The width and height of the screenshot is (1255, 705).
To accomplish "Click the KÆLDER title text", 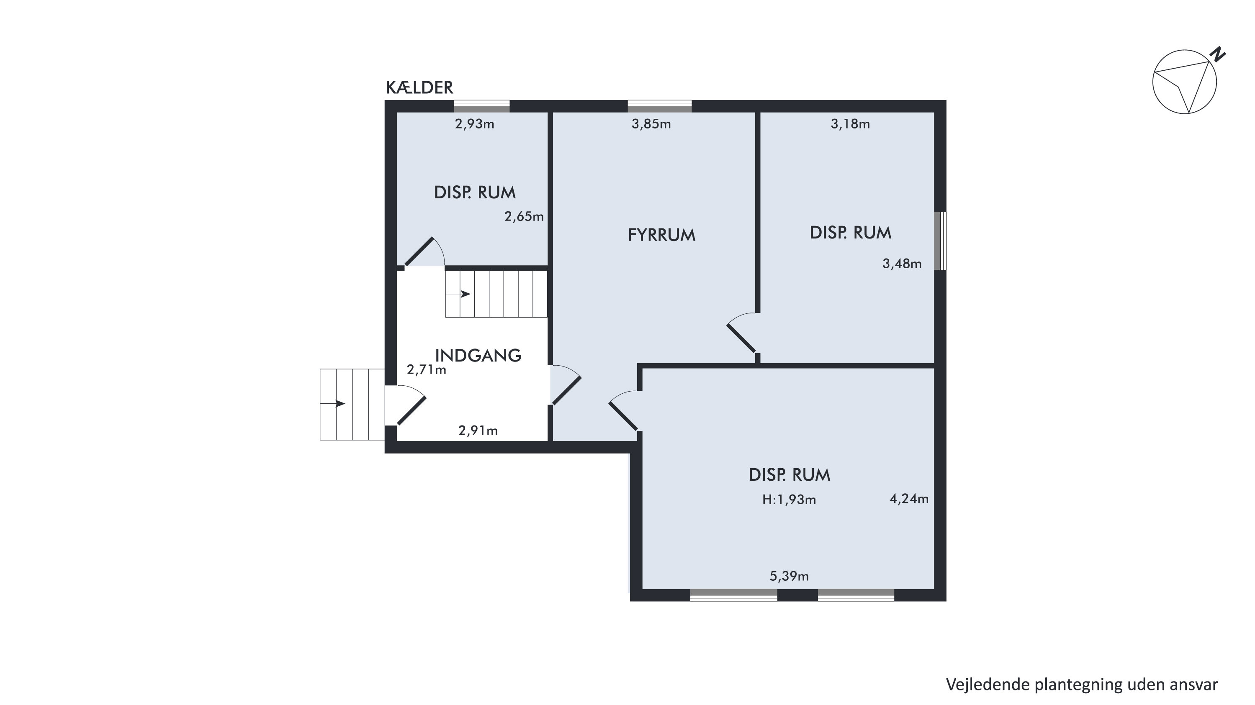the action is point(419,87).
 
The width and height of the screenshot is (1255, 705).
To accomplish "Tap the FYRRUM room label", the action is point(661,235).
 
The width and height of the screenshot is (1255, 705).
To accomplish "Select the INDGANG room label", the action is point(478,355).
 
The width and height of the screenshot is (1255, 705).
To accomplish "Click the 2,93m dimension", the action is point(475,124).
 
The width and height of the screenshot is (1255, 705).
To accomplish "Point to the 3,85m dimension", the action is point(651,124).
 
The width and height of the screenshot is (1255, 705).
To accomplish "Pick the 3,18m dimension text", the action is point(850,124).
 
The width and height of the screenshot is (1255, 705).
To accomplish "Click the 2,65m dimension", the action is point(524,217).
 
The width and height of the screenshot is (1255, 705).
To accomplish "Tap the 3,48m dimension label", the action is point(902,264).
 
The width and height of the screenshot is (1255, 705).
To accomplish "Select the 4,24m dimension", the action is point(909,499).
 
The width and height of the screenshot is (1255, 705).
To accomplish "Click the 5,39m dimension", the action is point(789,577).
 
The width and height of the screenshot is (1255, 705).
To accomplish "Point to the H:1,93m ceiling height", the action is point(789,500).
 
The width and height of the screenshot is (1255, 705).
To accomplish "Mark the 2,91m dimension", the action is point(478,431).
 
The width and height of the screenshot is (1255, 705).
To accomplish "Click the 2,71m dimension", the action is point(426,370).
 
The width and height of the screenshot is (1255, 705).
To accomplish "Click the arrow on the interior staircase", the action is point(458,294).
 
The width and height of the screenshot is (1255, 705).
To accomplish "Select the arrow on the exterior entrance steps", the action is point(333,404).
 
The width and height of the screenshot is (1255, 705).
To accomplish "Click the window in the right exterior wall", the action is point(943,241).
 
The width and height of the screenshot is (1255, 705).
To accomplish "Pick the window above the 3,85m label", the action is point(660,106).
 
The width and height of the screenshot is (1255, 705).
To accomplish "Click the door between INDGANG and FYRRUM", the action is point(566,385).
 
